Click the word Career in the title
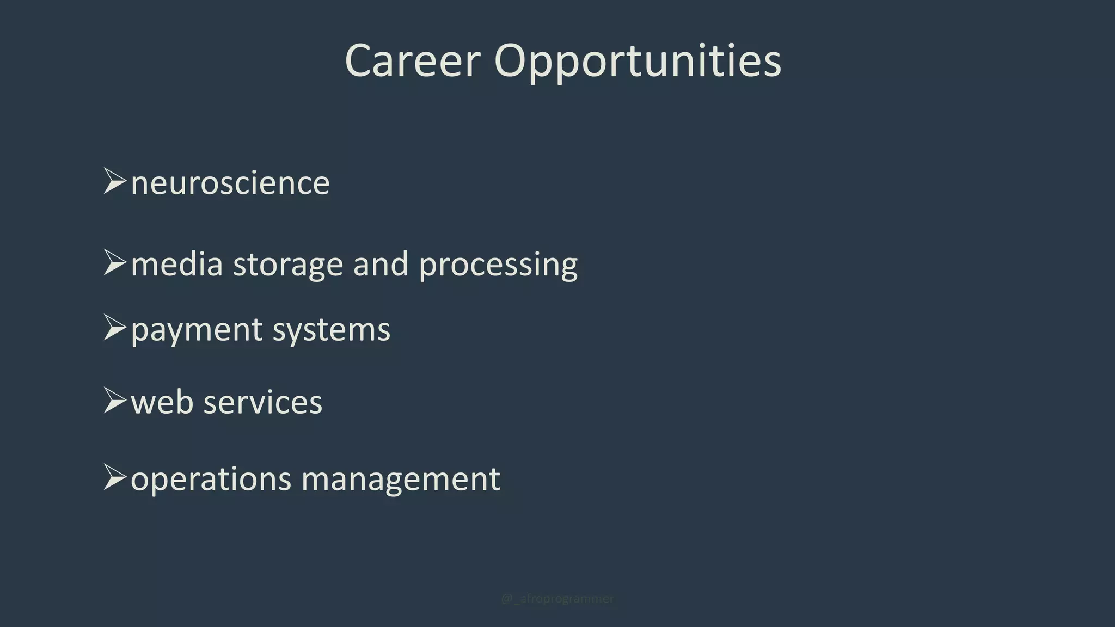pyautogui.click(x=413, y=61)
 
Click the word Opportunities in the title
pyautogui.click(x=638, y=61)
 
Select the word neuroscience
pyautogui.click(x=230, y=183)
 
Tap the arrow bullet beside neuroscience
pyautogui.click(x=114, y=181)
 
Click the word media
pyautogui.click(x=177, y=265)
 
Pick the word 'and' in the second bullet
pyautogui.click(x=381, y=265)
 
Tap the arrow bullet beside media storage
pyautogui.click(x=114, y=262)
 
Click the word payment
pyautogui.click(x=197, y=330)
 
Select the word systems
pyautogui.click(x=332, y=330)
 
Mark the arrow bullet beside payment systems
pyautogui.click(x=114, y=328)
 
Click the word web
pyautogui.click(x=162, y=403)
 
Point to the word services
pyautogui.click(x=263, y=403)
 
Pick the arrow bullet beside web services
pyautogui.click(x=114, y=401)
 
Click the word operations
pyautogui.click(x=211, y=480)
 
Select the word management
pyautogui.click(x=401, y=480)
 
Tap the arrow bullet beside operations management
pyautogui.click(x=114, y=477)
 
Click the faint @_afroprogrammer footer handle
pyautogui.click(x=557, y=599)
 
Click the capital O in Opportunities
pyautogui.click(x=513, y=61)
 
